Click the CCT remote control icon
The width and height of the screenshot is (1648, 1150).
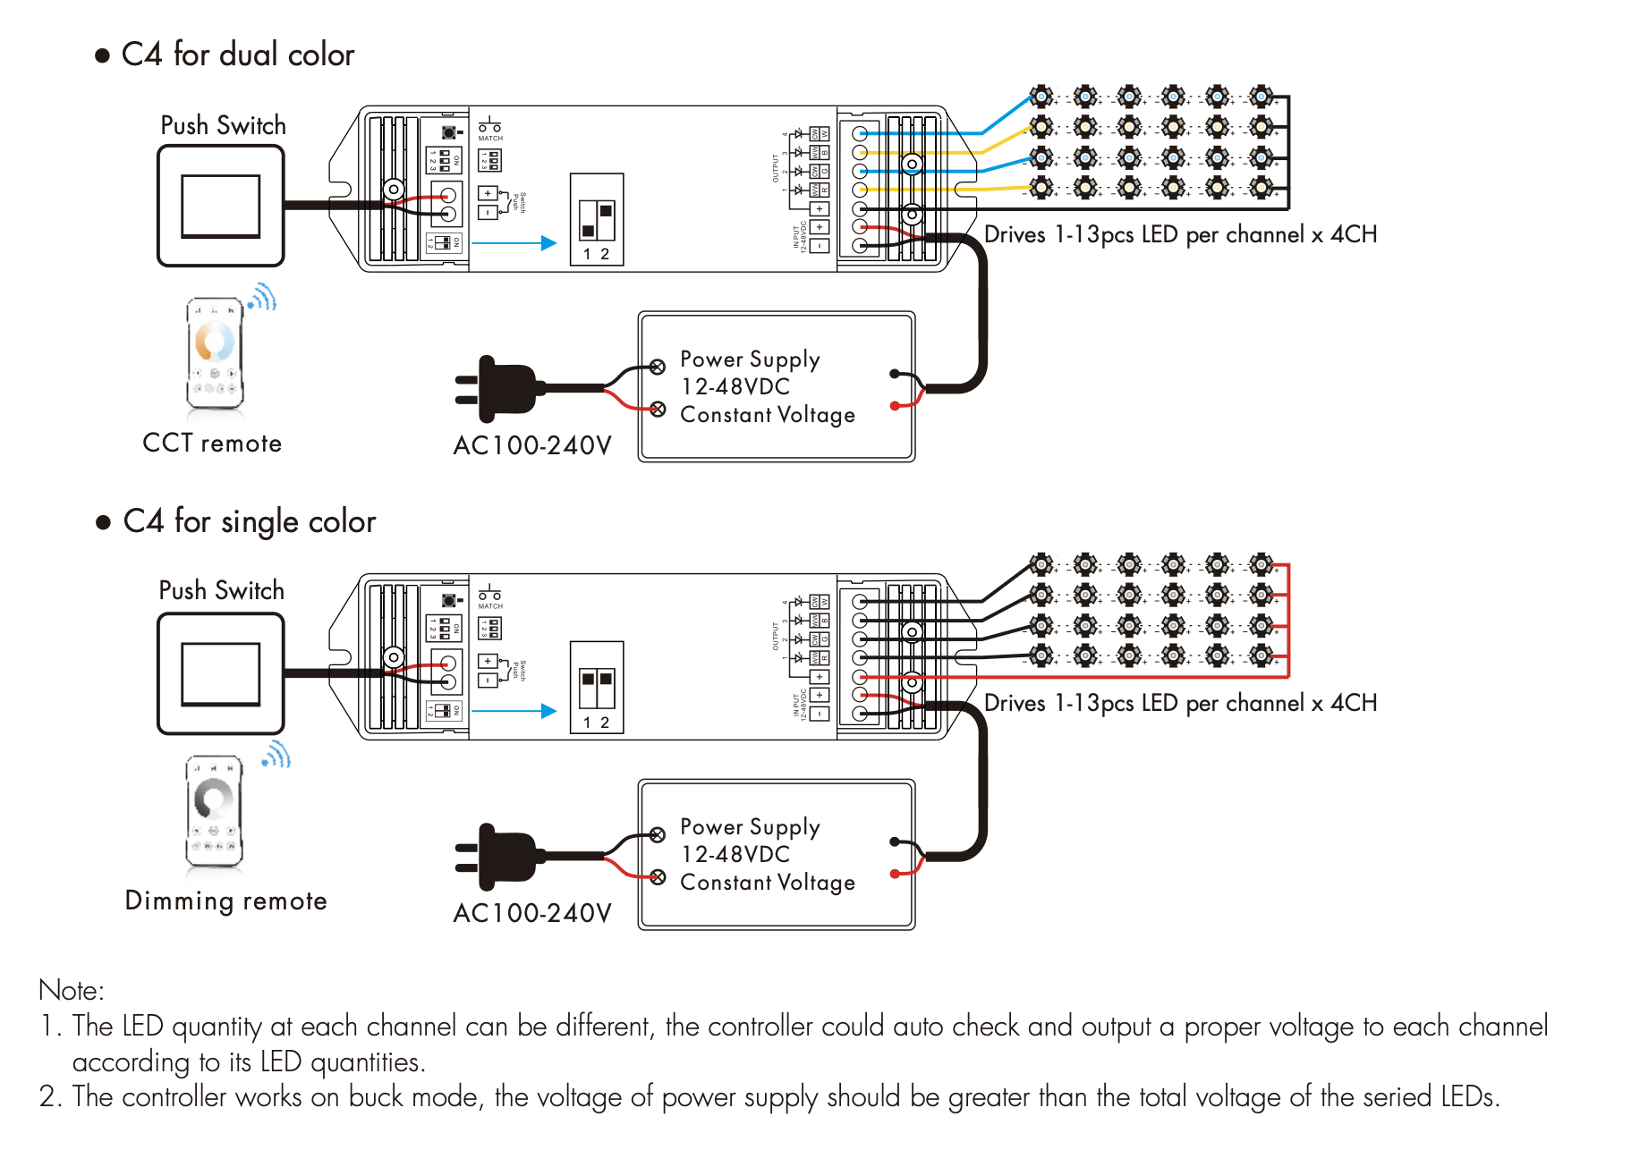216,353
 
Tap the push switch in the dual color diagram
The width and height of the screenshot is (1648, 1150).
221,206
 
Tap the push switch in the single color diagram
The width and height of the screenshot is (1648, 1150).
221,673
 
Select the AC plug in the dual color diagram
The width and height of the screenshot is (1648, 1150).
501,389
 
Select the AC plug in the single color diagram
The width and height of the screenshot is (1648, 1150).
501,857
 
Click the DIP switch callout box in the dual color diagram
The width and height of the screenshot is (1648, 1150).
597,220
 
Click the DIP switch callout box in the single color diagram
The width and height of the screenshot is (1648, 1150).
597,688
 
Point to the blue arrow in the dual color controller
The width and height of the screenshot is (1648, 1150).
514,242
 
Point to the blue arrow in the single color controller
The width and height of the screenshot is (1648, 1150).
514,711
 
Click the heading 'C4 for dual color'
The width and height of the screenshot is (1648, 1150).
237,55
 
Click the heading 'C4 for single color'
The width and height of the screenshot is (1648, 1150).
249,522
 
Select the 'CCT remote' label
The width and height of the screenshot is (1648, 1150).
212,444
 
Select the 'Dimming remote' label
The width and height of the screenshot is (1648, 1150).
225,901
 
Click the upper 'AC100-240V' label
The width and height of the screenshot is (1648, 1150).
532,445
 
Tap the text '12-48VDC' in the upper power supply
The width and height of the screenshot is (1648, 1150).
735,387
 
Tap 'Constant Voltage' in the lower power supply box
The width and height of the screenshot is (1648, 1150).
768,883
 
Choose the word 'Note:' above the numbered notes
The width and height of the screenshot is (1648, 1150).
72,991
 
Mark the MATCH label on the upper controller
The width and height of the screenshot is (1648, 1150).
490,139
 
